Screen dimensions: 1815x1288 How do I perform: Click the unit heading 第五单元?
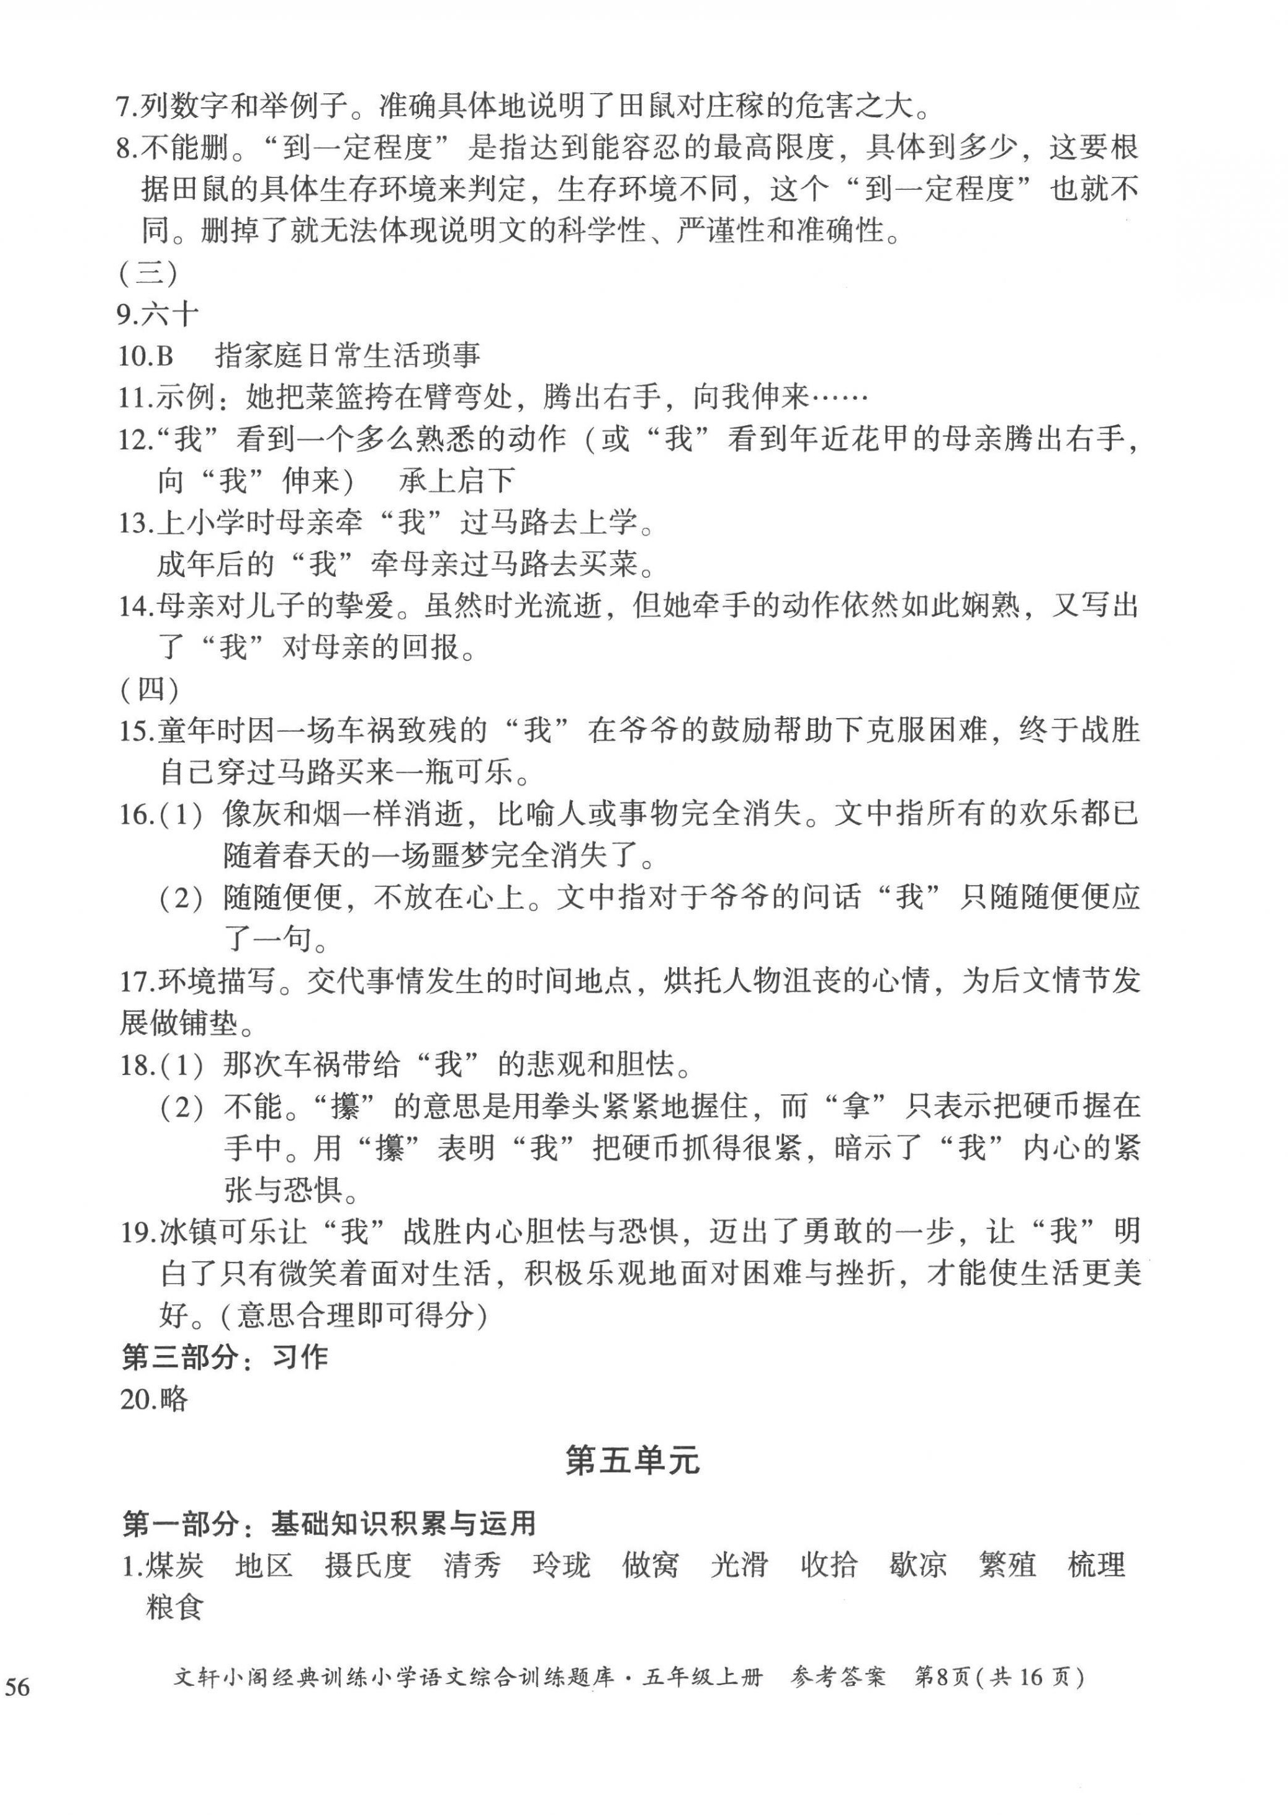click(x=632, y=1461)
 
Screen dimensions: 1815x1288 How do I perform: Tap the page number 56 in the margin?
click(x=17, y=1687)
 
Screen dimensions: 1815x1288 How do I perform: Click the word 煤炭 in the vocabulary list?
click(x=174, y=1564)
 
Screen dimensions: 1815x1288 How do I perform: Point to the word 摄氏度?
click(x=368, y=1564)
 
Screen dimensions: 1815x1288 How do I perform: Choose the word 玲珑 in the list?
click(x=562, y=1564)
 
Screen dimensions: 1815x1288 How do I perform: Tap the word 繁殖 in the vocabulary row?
click(x=1007, y=1564)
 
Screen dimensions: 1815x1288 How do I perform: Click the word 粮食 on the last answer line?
click(x=174, y=1606)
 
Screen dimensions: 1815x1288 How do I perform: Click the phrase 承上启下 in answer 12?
click(x=457, y=480)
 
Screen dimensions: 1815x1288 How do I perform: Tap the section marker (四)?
click(x=148, y=689)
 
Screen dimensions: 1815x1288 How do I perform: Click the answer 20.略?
click(x=154, y=1398)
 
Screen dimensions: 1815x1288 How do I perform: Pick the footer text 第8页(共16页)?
click(x=999, y=1677)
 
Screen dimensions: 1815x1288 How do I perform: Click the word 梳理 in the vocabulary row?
click(x=1097, y=1564)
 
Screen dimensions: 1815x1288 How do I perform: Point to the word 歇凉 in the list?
click(x=917, y=1564)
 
